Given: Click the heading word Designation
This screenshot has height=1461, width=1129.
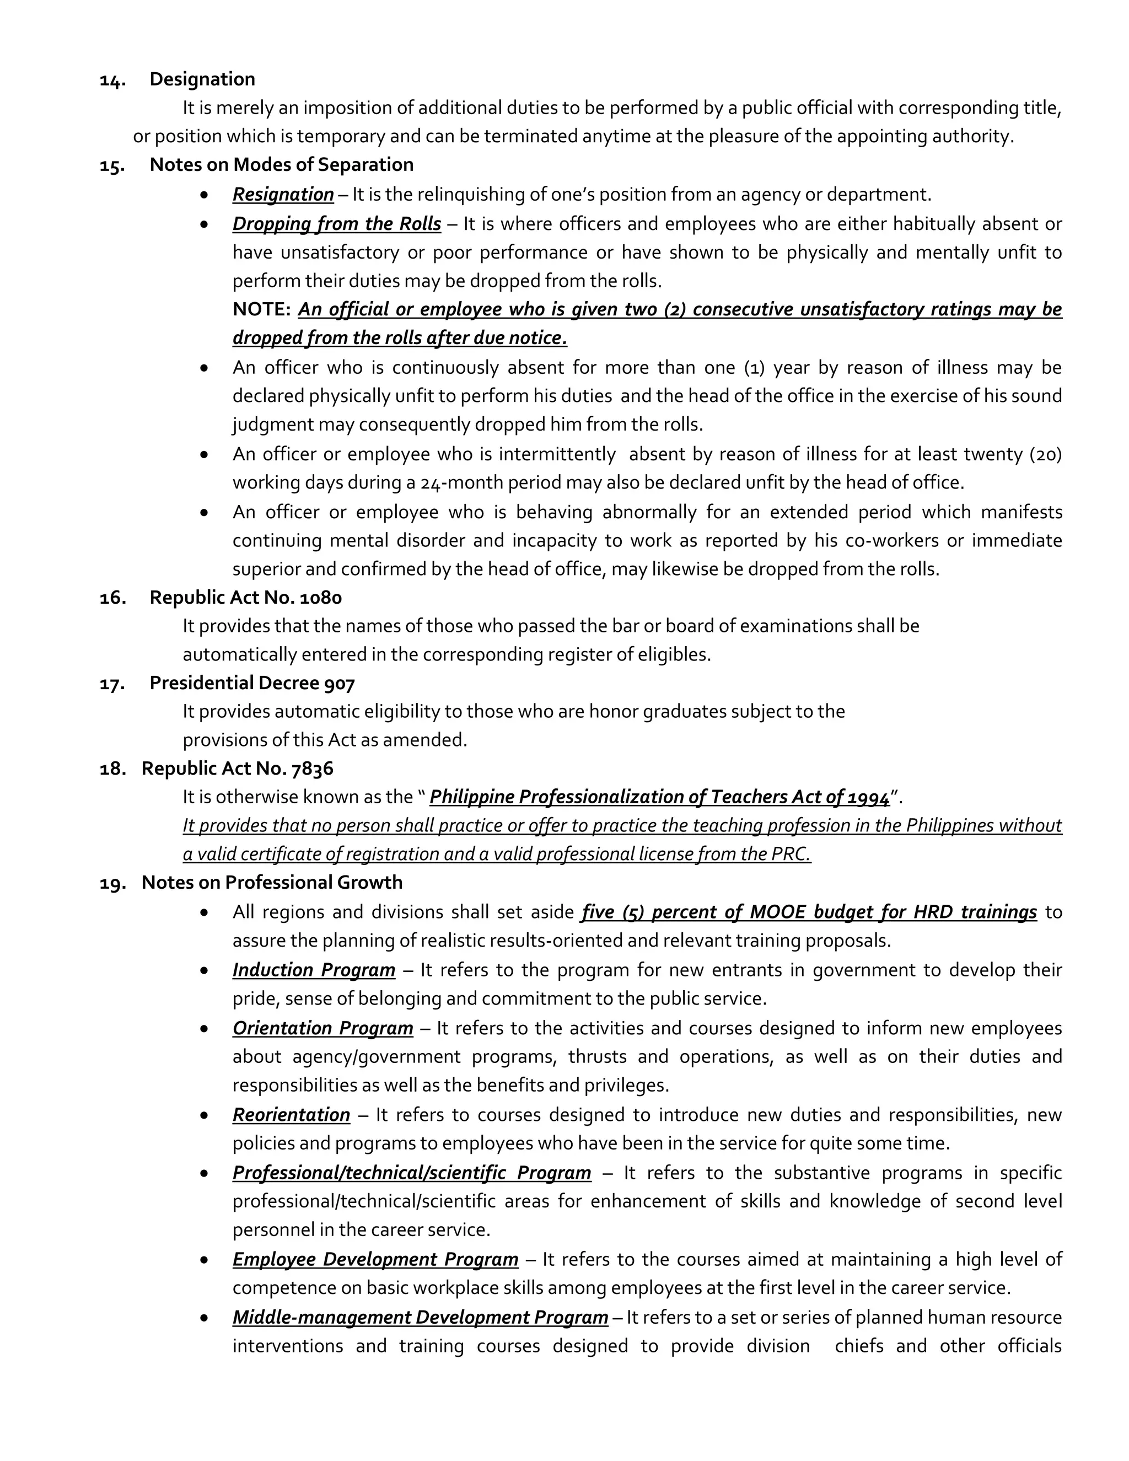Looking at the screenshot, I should point(202,79).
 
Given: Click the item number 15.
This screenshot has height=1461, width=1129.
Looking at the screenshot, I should point(112,165).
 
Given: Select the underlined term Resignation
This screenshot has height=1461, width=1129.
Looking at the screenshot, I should point(283,195).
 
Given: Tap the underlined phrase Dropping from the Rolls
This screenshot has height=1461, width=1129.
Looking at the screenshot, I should point(336,224).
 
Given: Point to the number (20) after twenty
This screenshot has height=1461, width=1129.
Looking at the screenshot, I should point(1045,455).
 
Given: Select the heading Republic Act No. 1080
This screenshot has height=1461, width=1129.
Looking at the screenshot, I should point(245,598).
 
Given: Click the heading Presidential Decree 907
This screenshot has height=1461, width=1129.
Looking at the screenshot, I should point(252,683).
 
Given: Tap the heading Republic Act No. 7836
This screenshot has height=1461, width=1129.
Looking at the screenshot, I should point(238,769).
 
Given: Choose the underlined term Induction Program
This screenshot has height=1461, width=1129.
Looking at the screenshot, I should point(314,970).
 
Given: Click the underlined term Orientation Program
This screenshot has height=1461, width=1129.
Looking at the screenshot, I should point(322,1028).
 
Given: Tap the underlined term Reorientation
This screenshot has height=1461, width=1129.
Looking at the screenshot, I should point(291,1115).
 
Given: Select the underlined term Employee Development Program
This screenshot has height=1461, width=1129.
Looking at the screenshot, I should point(375,1260).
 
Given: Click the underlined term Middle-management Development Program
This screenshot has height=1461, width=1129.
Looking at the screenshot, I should point(420,1318).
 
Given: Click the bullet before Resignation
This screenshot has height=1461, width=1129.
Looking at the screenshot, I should point(205,195).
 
